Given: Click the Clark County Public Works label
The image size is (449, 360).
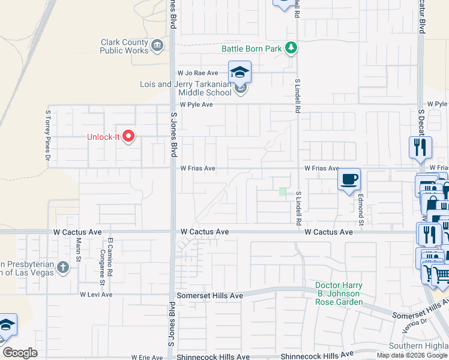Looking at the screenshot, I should point(124,47).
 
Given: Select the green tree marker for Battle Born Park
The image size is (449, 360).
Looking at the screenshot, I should point(291,47).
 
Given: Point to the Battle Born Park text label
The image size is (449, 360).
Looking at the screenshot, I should point(252,49).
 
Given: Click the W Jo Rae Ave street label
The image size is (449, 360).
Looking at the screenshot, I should point(197,73).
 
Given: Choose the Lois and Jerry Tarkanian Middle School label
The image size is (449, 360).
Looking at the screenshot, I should point(185,88).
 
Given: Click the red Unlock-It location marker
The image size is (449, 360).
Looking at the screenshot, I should point(127,136).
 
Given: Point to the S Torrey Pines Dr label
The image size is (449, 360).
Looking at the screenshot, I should point(48,136).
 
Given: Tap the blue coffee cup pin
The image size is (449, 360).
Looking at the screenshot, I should point(349,179).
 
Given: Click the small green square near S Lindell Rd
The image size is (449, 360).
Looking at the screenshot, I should point(282,192).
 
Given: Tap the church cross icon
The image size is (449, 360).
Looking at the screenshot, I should point(62,266).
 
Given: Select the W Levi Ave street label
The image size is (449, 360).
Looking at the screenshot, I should point(96,295).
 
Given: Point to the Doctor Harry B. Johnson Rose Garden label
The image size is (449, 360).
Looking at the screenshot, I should point(339,293).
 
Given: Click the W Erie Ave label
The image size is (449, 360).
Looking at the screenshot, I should point(148,357).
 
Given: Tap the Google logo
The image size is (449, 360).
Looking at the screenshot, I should point(20,353).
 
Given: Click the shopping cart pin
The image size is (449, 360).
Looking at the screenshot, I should point(441,275).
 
